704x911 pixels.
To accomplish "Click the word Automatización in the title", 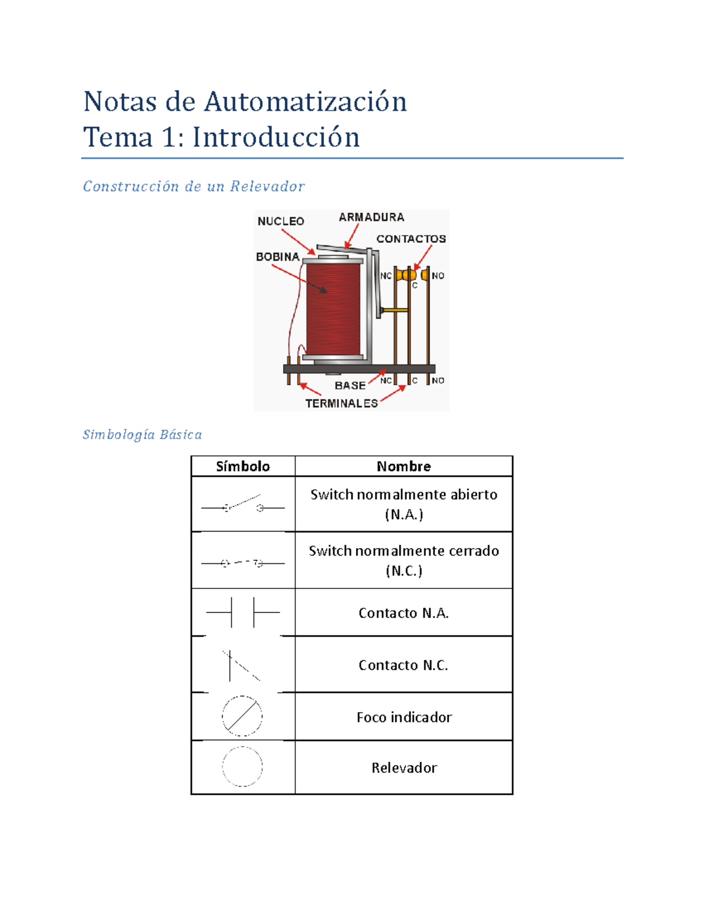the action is (x=305, y=101).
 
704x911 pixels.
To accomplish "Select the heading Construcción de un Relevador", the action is (x=194, y=187).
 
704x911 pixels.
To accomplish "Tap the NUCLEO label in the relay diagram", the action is (x=280, y=221).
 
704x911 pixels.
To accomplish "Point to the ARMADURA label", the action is (x=371, y=217).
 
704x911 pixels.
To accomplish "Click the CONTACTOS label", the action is (x=411, y=239).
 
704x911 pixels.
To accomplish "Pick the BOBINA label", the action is (x=277, y=257).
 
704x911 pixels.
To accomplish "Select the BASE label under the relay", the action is (x=350, y=385).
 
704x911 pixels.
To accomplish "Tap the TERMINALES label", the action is (x=341, y=403).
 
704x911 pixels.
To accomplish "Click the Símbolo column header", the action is (x=243, y=466).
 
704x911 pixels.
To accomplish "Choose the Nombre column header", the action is (x=404, y=466).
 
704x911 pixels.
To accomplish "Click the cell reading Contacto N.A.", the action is (x=404, y=613).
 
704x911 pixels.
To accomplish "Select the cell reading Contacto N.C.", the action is (x=404, y=665).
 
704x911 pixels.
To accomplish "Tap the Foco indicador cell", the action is (x=404, y=717).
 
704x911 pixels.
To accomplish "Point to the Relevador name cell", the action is (x=404, y=768).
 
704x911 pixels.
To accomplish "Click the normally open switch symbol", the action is (x=243, y=504).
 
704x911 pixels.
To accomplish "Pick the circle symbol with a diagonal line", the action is (x=242, y=716).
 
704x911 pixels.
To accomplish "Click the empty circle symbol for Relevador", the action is (x=242, y=767).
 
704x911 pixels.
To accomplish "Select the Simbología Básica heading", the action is (x=142, y=435).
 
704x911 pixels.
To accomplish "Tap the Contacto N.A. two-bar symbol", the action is (x=243, y=612).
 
